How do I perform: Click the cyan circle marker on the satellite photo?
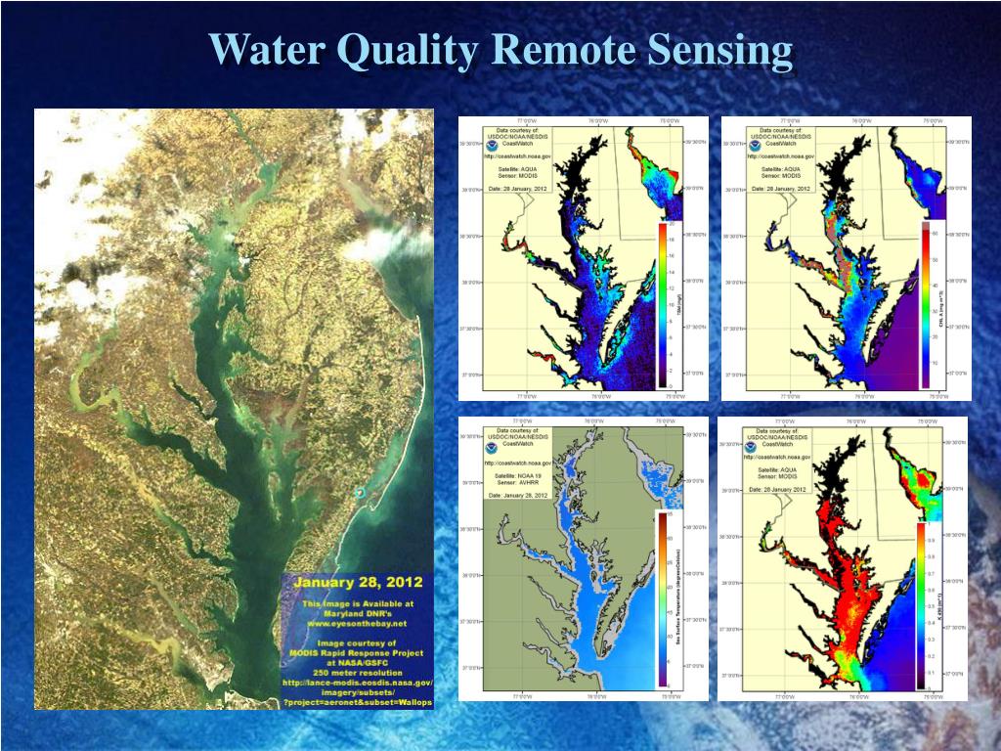point(360,493)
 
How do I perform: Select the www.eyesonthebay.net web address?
point(357,622)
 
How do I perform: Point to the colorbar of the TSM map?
point(663,303)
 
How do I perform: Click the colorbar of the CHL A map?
point(925,305)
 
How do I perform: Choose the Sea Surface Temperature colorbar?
point(662,598)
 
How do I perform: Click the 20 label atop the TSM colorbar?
point(672,226)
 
